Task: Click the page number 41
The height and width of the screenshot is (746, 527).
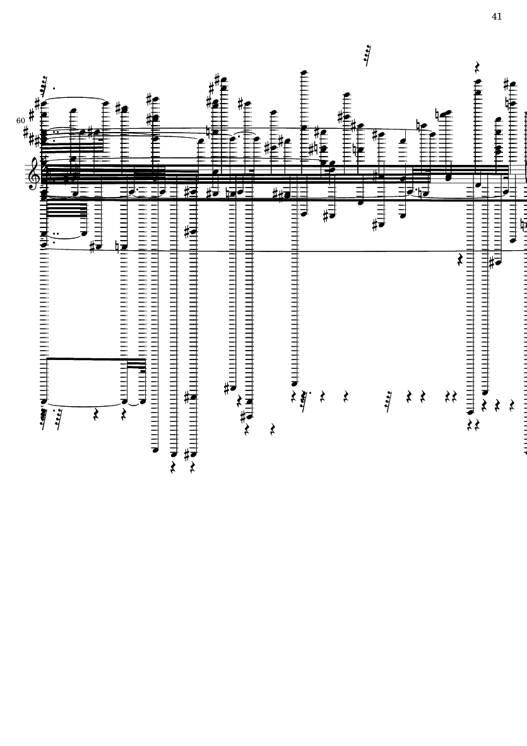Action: point(497,16)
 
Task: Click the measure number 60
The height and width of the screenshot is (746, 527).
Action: point(21,120)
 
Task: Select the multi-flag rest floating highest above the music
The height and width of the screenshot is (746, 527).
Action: point(367,55)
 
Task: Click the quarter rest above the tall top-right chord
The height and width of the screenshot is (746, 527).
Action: point(478,66)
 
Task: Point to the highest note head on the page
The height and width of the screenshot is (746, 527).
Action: point(304,73)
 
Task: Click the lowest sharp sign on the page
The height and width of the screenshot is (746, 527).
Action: point(187,454)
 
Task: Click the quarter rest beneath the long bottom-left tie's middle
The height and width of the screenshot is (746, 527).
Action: point(96,415)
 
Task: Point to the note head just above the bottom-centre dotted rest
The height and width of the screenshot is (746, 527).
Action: point(294,383)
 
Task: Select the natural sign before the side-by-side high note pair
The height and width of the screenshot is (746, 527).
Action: point(438,115)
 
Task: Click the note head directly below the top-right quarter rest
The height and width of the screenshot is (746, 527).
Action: point(478,81)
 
